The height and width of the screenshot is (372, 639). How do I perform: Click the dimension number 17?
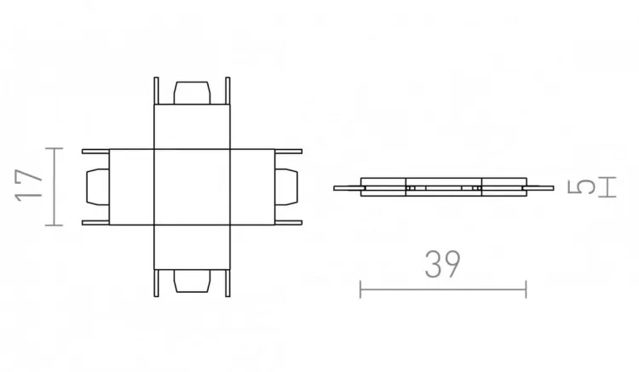(28, 186)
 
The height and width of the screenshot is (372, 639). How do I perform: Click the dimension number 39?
(442, 264)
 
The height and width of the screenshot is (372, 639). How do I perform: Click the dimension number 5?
(582, 186)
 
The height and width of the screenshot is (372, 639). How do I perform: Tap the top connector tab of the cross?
(192, 93)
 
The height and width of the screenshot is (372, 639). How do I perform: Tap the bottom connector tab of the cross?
(192, 281)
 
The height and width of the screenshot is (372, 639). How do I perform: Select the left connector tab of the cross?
(98, 186)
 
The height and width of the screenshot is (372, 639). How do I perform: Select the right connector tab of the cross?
(286, 186)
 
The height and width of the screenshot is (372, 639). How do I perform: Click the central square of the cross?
(192, 186)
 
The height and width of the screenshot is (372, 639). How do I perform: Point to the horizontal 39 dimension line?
(443, 289)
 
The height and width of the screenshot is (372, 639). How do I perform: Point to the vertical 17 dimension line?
(55, 186)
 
